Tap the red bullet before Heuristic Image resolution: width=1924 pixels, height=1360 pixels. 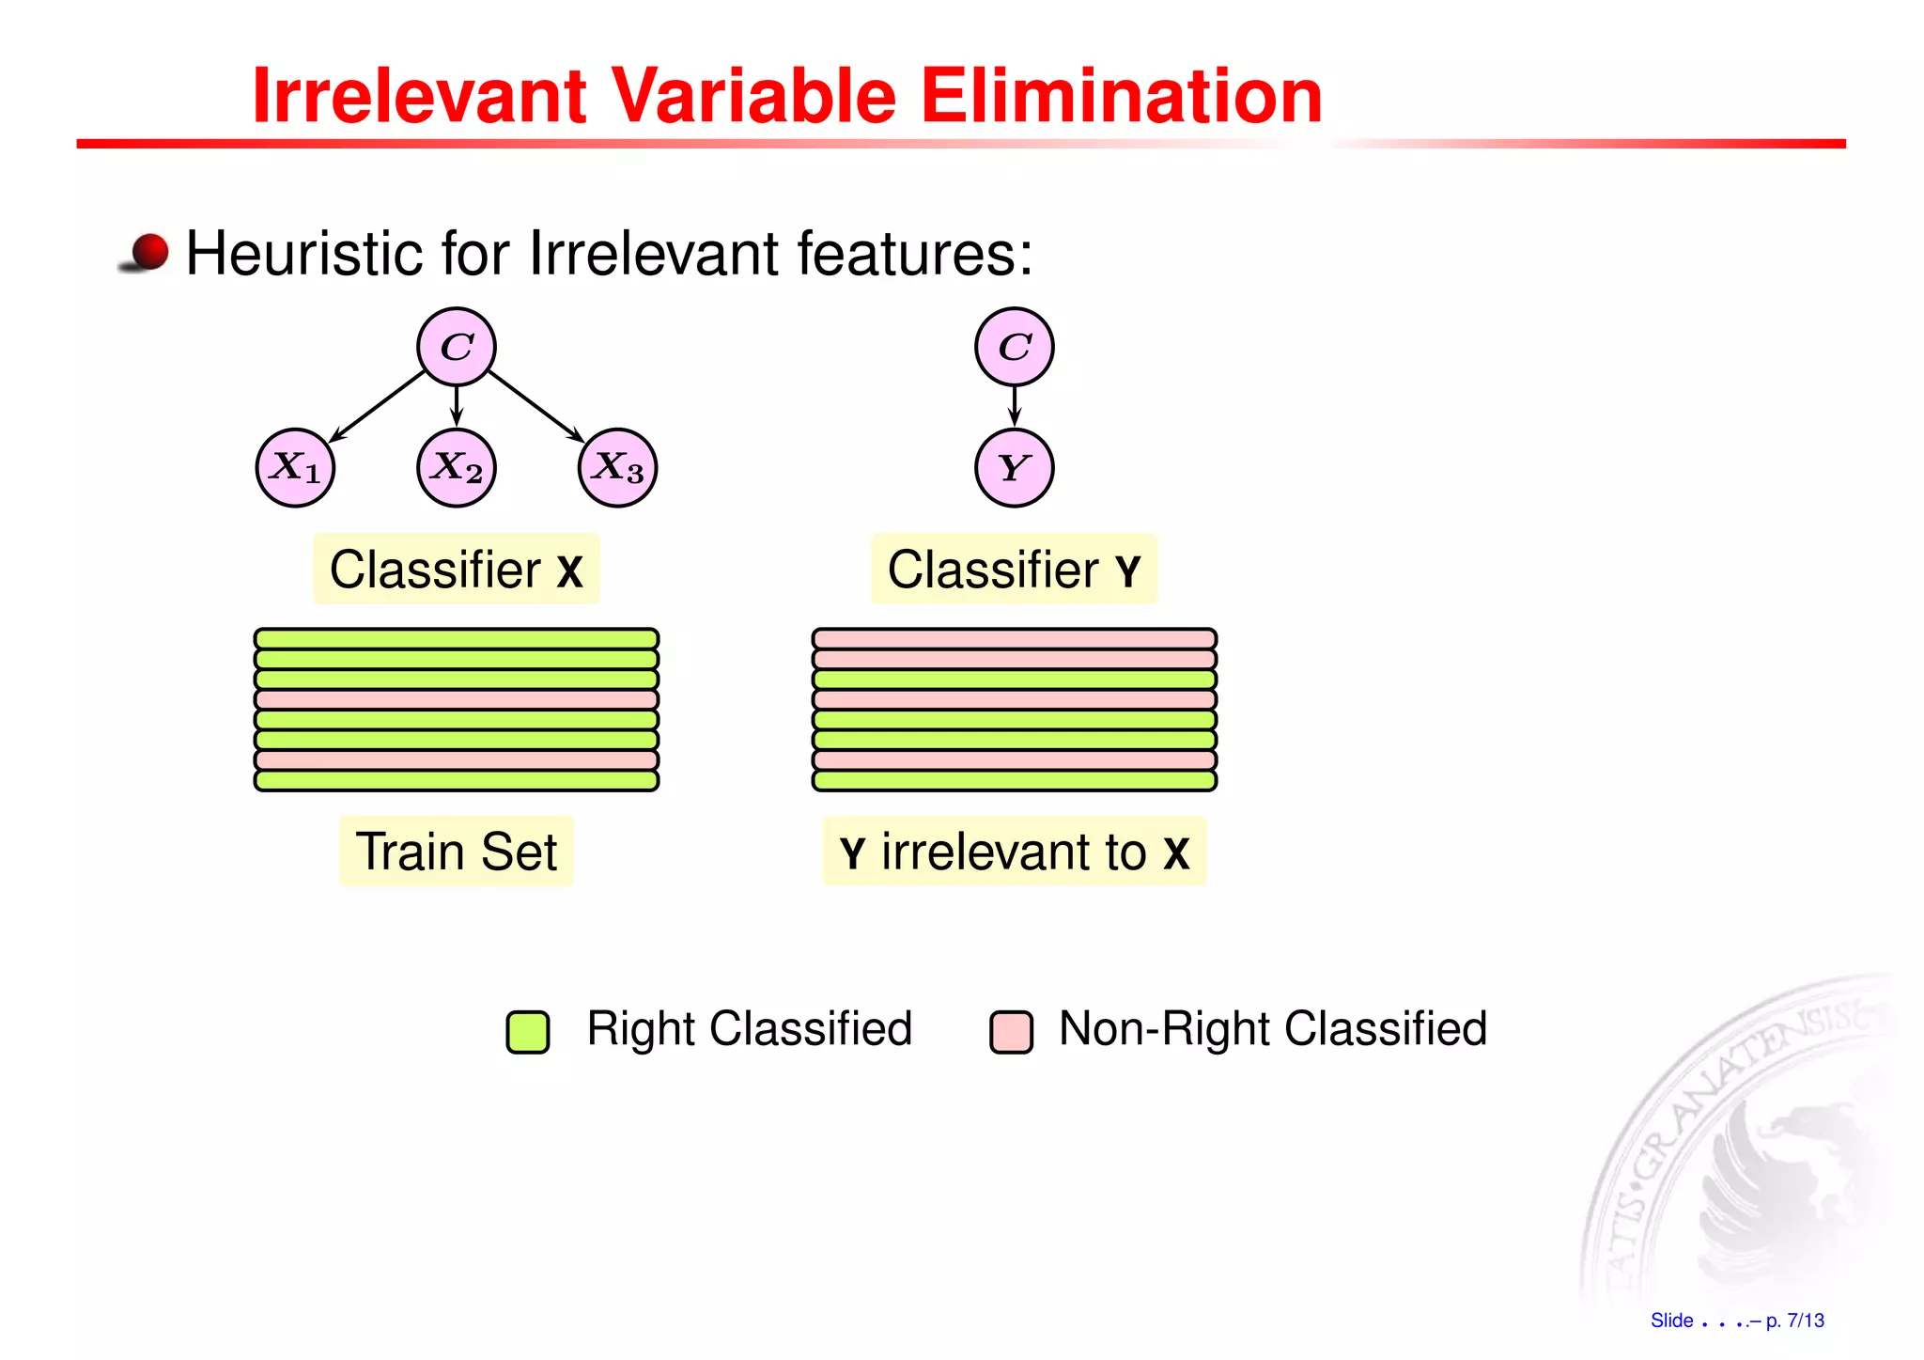[148, 252]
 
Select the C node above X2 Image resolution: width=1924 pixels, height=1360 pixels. [457, 347]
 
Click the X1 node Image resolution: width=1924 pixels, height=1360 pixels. [295, 468]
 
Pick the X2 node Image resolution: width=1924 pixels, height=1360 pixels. [457, 468]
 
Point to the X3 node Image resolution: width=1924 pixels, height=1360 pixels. [617, 468]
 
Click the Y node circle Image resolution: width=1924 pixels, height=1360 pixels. [1014, 468]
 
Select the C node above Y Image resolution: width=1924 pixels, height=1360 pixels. [1014, 347]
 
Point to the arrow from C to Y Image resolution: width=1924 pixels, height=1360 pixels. [1014, 406]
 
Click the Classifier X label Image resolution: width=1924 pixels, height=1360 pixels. [457, 570]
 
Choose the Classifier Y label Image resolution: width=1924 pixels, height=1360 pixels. [1014, 570]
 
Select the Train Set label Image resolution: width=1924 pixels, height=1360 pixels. [457, 852]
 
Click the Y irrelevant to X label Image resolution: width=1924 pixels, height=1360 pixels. [1014, 852]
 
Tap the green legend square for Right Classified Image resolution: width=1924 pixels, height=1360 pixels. [528, 1031]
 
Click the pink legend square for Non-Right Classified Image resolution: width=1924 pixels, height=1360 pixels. [1011, 1031]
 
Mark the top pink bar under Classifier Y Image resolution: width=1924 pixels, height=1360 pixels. [1014, 639]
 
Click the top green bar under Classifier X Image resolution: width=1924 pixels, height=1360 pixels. [457, 639]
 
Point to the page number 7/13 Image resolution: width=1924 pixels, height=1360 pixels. [1805, 1321]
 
